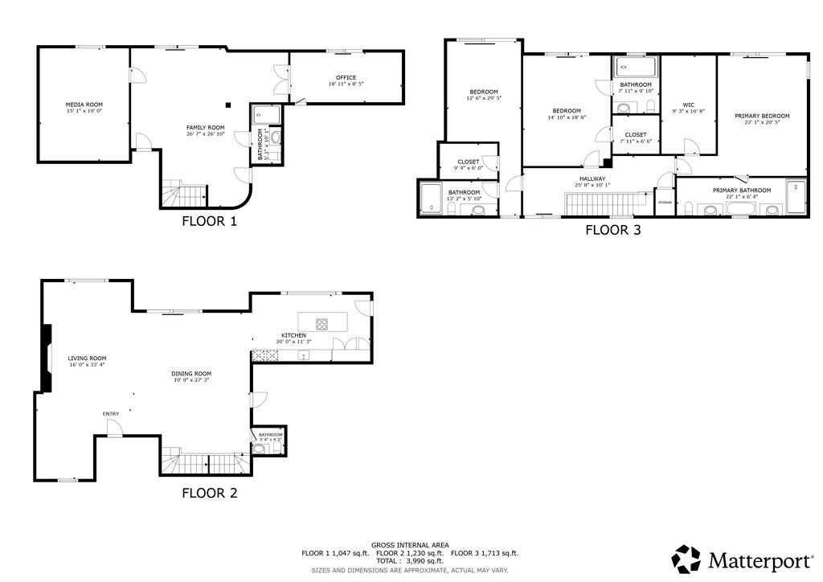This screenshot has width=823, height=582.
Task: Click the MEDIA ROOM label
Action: (84, 104)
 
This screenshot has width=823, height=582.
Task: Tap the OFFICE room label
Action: (346, 77)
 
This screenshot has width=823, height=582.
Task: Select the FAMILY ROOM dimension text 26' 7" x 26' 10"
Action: (205, 134)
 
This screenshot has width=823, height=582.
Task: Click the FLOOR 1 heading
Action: (209, 221)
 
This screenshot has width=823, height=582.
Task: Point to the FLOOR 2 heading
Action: (209, 493)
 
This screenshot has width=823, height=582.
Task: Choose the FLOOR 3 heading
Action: (612, 230)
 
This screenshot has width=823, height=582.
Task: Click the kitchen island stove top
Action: (321, 325)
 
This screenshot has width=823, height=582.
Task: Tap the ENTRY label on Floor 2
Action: (110, 414)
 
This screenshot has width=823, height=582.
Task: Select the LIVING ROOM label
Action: (87, 359)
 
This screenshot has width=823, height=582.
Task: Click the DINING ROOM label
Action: (191, 373)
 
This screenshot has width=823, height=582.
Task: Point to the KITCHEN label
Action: (293, 334)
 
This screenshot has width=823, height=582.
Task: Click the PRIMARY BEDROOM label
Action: (762, 116)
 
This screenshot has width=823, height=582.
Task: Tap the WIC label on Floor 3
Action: (688, 104)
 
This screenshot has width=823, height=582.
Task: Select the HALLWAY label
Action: (592, 178)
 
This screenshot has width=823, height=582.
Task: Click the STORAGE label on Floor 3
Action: (665, 202)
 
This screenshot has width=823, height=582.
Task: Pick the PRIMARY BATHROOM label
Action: (741, 191)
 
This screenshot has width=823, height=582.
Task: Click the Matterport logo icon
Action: (686, 558)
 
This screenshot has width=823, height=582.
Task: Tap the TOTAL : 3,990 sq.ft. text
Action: (410, 561)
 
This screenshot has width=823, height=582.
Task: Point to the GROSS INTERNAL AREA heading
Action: (410, 544)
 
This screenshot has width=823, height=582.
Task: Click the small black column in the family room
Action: (228, 104)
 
